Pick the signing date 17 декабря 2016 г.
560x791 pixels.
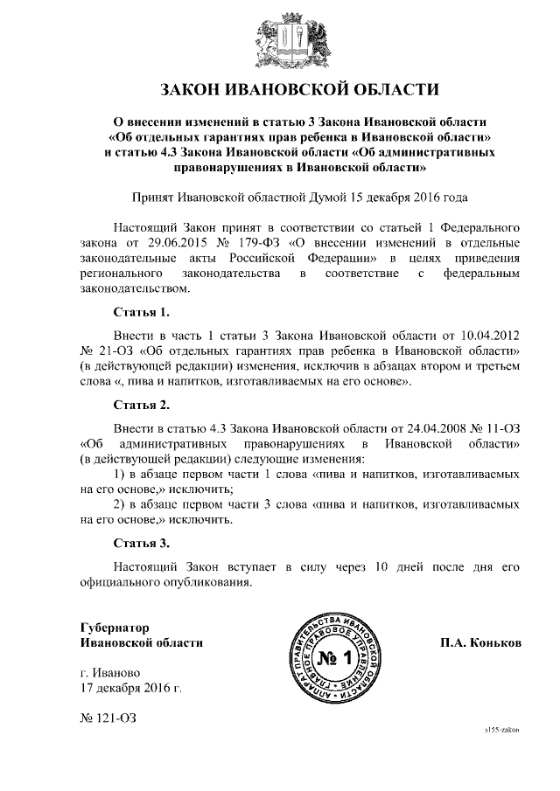coord(130,690)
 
